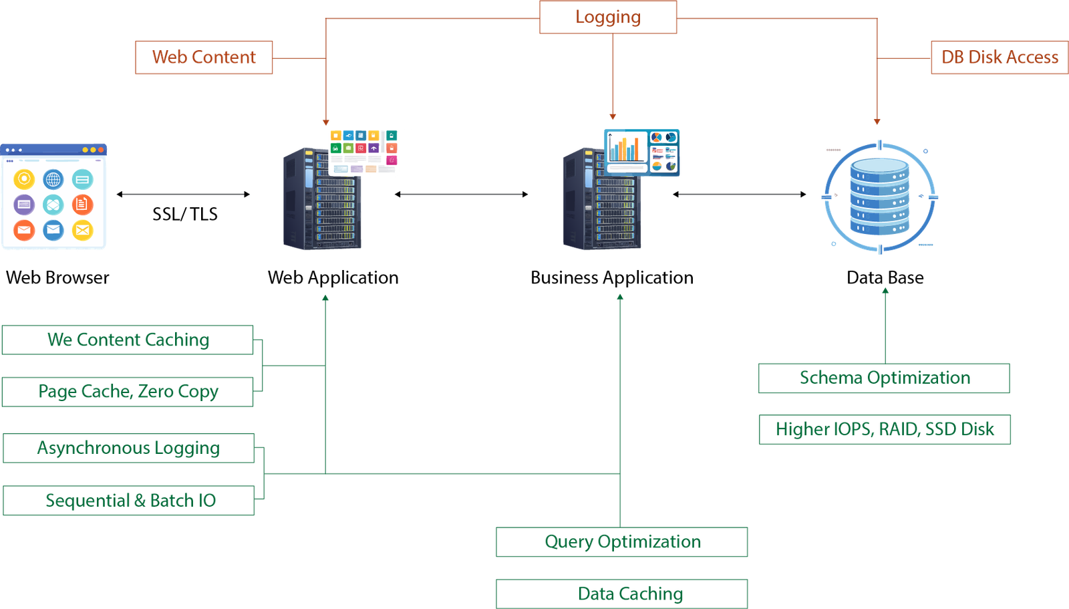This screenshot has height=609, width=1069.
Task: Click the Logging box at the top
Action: [608, 17]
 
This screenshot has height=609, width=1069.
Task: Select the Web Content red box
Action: [204, 57]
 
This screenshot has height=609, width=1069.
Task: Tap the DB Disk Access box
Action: [999, 57]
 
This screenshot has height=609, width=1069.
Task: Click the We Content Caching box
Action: [128, 340]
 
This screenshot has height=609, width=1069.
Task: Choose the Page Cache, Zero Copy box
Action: [128, 392]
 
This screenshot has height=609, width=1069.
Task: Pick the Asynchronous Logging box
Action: [128, 448]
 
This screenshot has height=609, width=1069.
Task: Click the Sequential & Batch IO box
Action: [129, 500]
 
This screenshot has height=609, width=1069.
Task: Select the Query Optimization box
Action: [621, 541]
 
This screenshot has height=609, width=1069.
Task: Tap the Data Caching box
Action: [621, 594]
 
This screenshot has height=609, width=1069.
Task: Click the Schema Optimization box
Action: [883, 378]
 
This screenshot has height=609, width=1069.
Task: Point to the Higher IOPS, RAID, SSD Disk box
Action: [885, 429]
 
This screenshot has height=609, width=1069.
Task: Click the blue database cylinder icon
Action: [879, 197]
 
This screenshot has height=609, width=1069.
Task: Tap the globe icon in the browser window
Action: [53, 179]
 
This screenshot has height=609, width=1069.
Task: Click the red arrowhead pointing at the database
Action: [877, 122]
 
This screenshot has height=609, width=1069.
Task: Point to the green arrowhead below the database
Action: [885, 291]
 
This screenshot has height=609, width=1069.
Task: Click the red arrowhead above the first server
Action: [326, 122]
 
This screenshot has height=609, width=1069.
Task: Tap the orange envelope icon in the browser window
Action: [24, 230]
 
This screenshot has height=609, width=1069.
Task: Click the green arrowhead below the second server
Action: [619, 297]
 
